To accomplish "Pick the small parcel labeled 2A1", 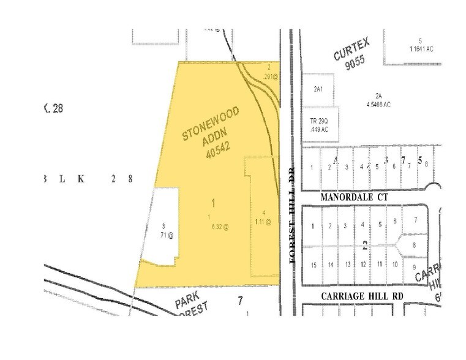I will click(318, 89).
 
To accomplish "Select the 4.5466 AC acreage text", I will click(378, 104).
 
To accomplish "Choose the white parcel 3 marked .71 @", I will click(164, 231).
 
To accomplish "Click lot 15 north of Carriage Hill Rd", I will click(314, 264).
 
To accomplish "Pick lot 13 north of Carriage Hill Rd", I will click(347, 264).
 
